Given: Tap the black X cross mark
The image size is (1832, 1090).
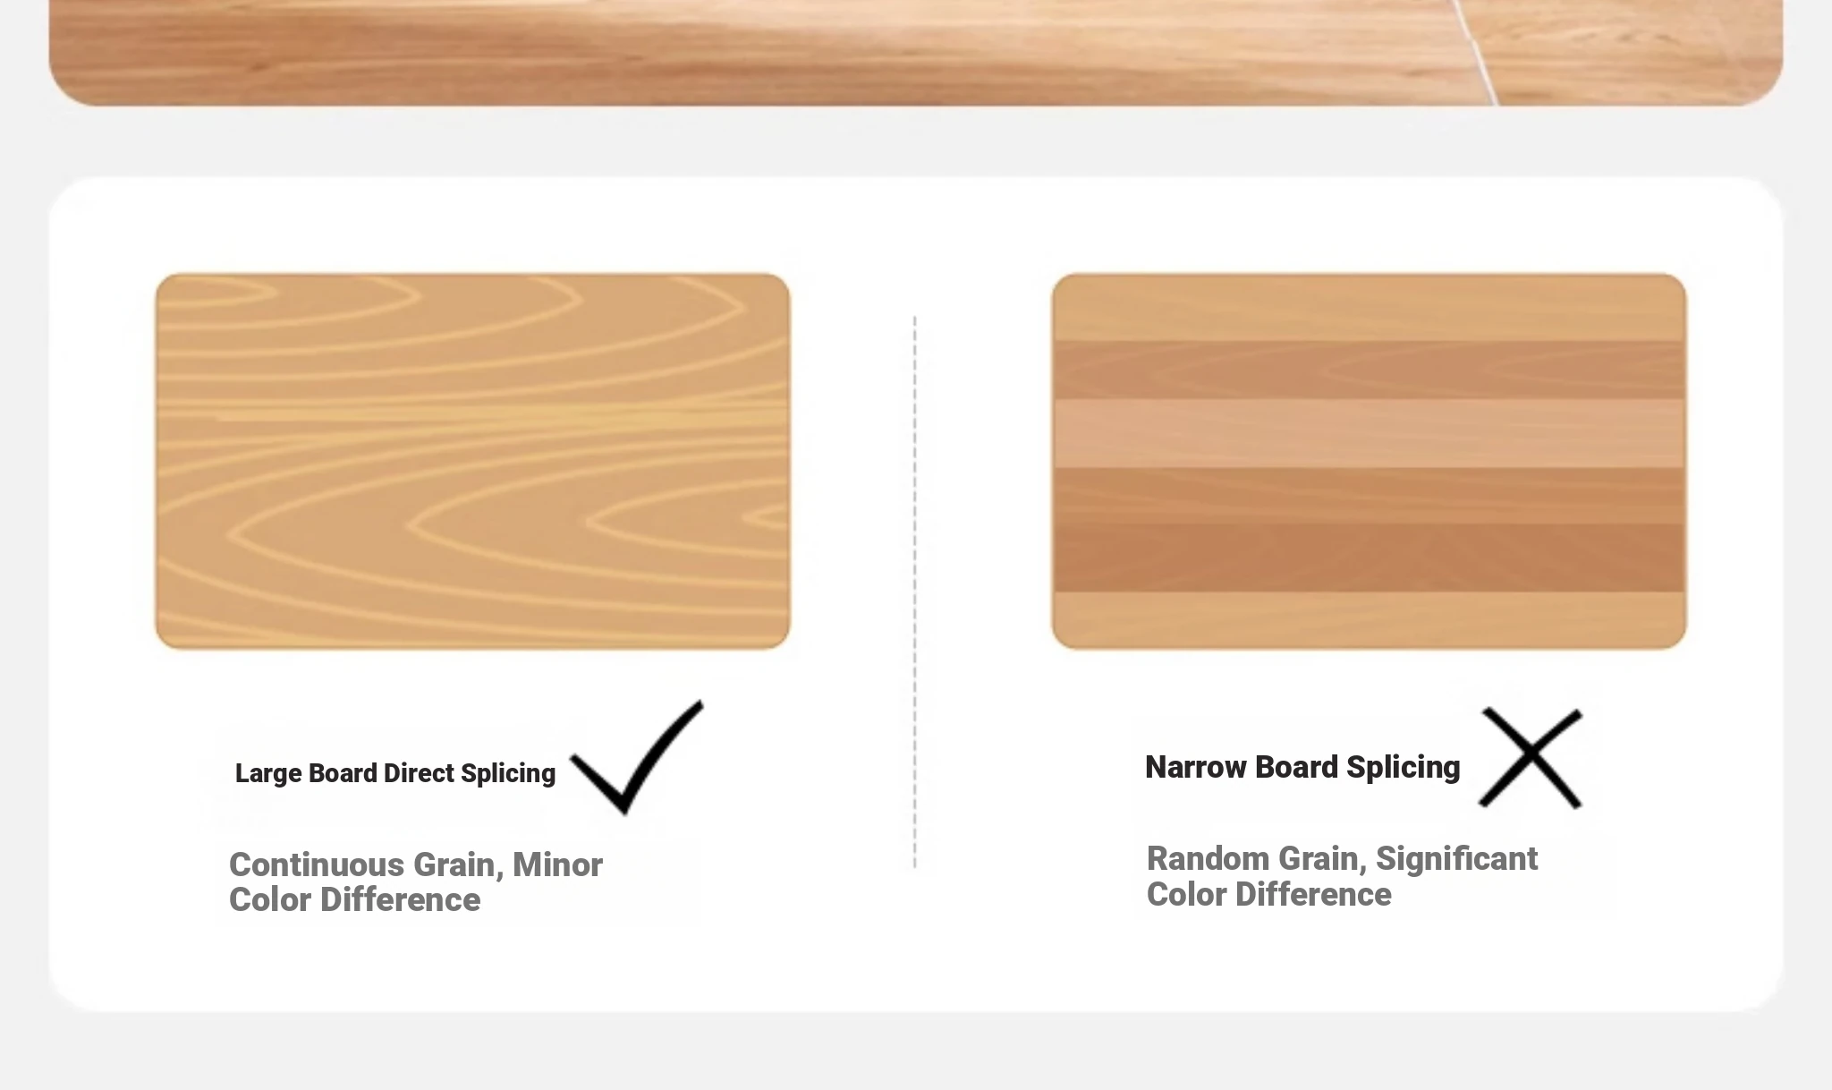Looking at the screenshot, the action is (x=1531, y=758).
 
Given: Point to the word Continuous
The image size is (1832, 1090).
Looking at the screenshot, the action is (x=317, y=864).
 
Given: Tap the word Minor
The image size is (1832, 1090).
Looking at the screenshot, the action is (x=557, y=864).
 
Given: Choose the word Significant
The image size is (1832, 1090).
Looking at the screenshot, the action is (x=1456, y=858).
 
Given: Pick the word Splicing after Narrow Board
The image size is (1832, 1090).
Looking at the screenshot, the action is (x=1403, y=768).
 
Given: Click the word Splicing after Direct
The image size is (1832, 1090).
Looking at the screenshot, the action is (x=508, y=774).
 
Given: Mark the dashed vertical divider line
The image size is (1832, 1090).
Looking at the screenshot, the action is (x=914, y=592).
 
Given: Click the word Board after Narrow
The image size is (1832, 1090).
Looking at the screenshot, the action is (x=1296, y=767).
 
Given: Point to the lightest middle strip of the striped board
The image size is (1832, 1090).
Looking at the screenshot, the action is (x=1369, y=433).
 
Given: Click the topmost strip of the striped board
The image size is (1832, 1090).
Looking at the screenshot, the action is (x=1369, y=308).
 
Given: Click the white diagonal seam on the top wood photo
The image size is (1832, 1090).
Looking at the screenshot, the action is (x=1476, y=53).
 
